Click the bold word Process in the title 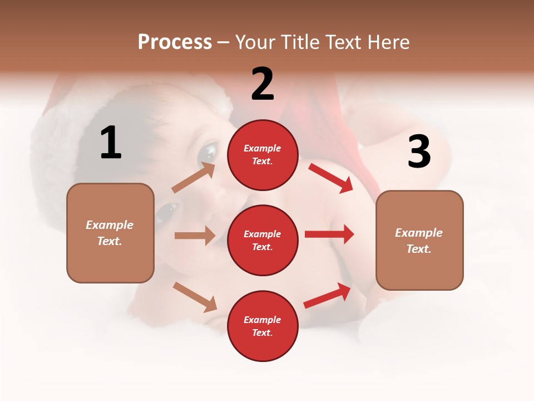pyautogui.click(x=175, y=42)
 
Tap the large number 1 pyautogui.click(x=110, y=143)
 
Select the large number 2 pyautogui.click(x=263, y=84)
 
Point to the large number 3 pyautogui.click(x=419, y=151)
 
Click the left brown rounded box pyautogui.click(x=110, y=233)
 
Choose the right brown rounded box pyautogui.click(x=419, y=241)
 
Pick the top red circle pyautogui.click(x=263, y=155)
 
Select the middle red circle pyautogui.click(x=263, y=240)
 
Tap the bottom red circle pyautogui.click(x=263, y=326)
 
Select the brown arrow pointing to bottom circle pyautogui.click(x=195, y=296)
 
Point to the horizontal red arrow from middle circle pyautogui.click(x=329, y=234)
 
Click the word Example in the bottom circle pyautogui.click(x=263, y=320)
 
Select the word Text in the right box pyautogui.click(x=418, y=249)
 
